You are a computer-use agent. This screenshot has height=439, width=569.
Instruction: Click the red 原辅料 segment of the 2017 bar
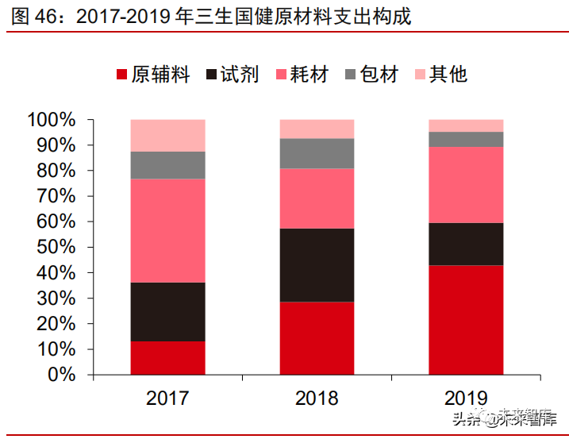pos(168,357)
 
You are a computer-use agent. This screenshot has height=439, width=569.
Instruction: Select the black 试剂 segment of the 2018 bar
pos(317,265)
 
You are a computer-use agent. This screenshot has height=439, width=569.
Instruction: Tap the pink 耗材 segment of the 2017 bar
pos(168,230)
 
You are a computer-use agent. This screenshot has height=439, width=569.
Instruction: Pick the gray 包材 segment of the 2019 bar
pos(466,140)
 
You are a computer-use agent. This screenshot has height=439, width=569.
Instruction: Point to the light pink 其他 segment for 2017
pos(168,135)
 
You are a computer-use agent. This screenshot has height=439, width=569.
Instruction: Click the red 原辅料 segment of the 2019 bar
pos(466,319)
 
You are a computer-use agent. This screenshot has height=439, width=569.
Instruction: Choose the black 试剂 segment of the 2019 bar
pos(466,244)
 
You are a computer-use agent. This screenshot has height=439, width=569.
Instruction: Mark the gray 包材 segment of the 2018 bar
pos(317,153)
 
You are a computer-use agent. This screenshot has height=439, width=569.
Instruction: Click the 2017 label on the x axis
pos(168,398)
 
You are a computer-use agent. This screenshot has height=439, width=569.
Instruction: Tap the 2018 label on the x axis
pos(317,398)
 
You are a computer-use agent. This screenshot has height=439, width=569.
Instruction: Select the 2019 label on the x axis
pos(466,398)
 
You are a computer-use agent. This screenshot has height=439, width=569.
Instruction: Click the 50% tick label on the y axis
pos(56,248)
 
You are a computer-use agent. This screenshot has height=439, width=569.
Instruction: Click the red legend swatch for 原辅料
pos(122,75)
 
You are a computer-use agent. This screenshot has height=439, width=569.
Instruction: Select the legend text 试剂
pos(240,75)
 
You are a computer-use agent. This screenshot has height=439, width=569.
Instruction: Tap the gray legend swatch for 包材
pos(350,75)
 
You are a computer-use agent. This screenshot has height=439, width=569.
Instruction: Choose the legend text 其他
pos(448,75)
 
